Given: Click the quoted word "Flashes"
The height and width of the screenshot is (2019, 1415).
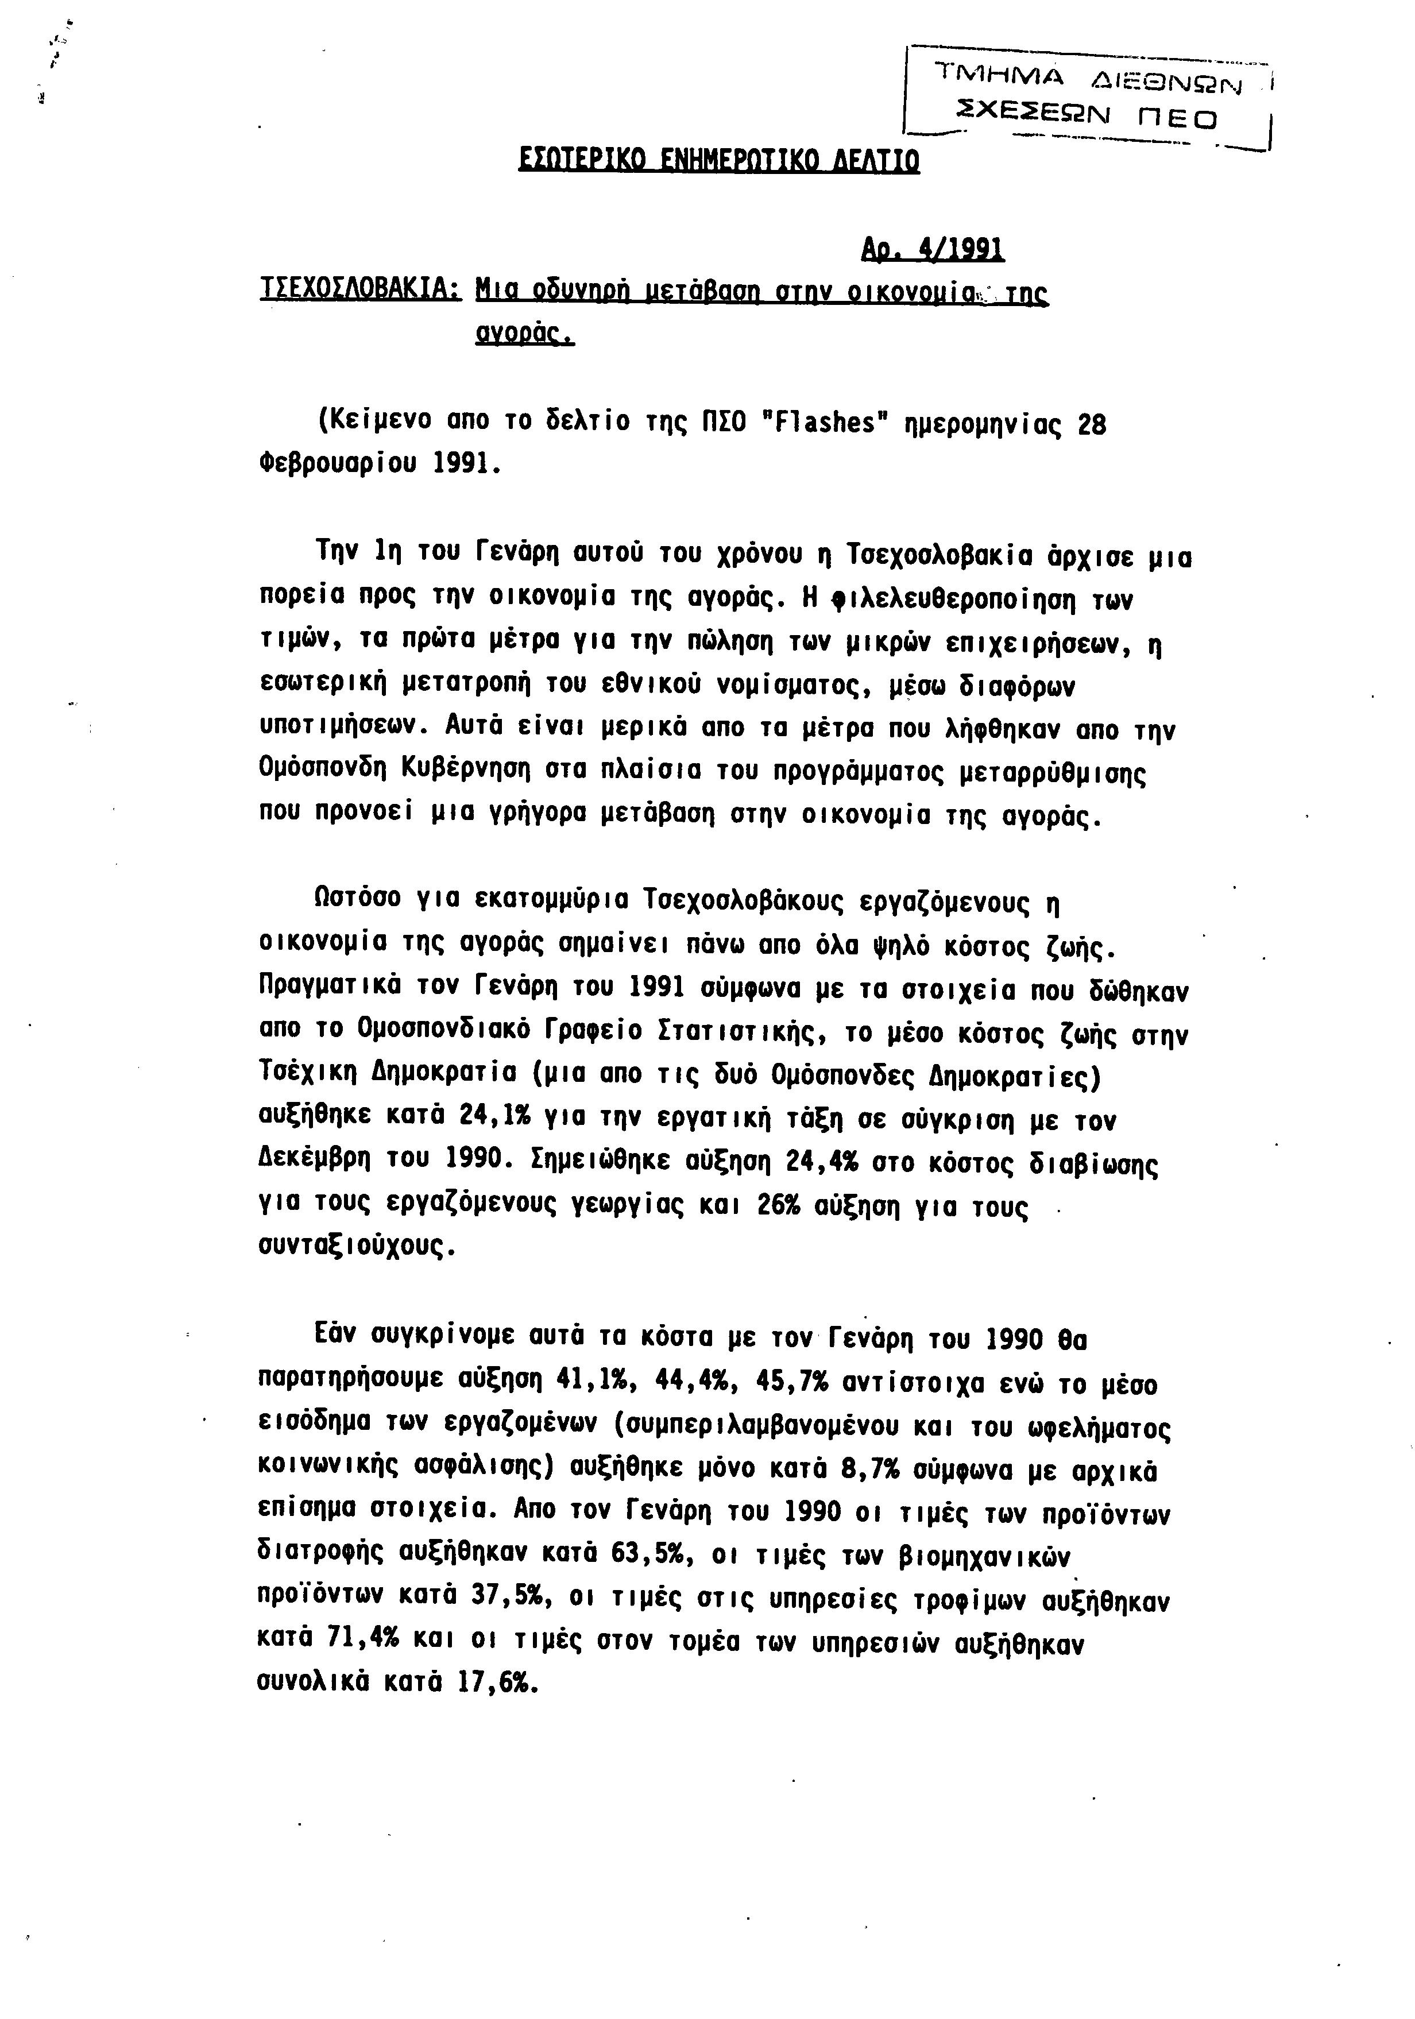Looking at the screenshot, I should (x=821, y=424).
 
